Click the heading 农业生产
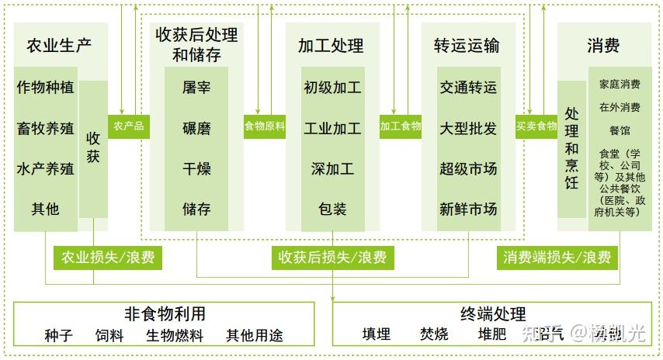coord(59,44)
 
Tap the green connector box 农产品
coord(128,126)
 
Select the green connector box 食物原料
coord(265,126)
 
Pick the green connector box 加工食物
coord(401,126)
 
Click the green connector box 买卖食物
coord(536,126)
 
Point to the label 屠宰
coord(196,88)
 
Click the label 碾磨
coord(196,128)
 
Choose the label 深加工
coord(332,168)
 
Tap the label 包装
coord(332,209)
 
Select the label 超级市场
coord(468,168)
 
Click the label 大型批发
coord(468,128)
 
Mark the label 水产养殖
coord(46,168)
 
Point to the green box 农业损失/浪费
coord(107,257)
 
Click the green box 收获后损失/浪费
coord(332,257)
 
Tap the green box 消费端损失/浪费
coord(557,257)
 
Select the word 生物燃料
coord(175,336)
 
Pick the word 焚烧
coord(434,334)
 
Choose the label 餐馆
coord(620,130)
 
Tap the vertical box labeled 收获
coord(93,147)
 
